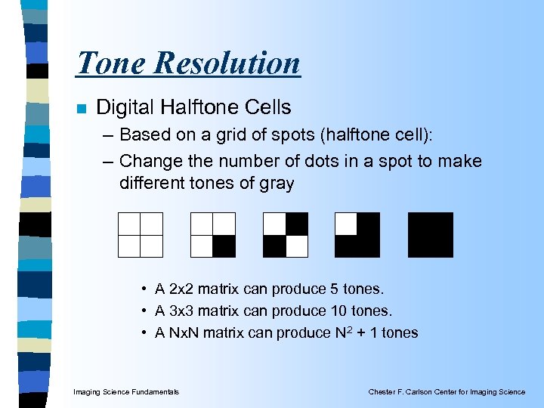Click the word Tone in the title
111,63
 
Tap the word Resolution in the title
227,63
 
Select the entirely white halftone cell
141,235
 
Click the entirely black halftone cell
430,235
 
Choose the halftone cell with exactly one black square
212,235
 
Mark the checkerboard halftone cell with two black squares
285,235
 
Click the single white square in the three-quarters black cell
346,224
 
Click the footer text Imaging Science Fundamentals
126,391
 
